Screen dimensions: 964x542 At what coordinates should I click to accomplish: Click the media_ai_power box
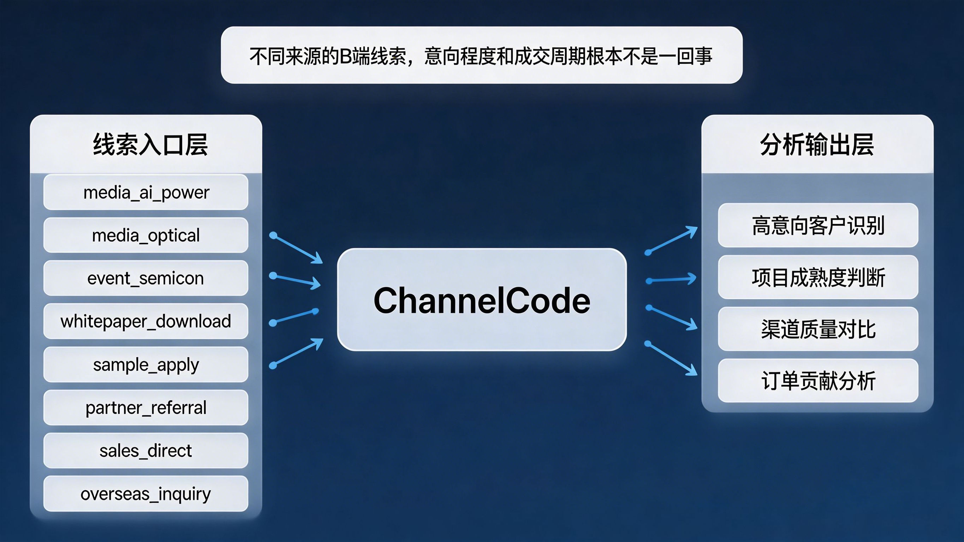click(x=145, y=192)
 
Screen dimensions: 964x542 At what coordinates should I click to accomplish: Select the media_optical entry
click(x=145, y=235)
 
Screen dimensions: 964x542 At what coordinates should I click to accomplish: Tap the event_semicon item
click(x=145, y=278)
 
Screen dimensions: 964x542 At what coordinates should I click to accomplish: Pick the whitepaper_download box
click(x=145, y=321)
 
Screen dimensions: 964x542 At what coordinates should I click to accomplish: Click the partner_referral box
click(x=145, y=407)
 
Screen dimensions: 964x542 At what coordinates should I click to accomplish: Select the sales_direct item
click(x=145, y=451)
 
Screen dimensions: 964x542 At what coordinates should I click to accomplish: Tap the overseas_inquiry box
click(x=145, y=494)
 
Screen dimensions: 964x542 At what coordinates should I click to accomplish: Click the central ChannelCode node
click(x=482, y=299)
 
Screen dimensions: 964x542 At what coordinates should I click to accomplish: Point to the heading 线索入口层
click(x=150, y=144)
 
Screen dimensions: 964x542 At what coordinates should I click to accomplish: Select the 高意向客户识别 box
click(x=818, y=225)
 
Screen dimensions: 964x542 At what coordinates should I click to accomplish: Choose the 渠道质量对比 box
click(x=818, y=329)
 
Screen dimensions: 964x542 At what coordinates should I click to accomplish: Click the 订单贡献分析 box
click(x=818, y=381)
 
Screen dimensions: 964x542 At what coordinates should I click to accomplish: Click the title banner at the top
click(x=482, y=55)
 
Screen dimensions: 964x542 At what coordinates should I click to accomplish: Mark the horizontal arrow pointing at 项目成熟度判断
click(x=671, y=280)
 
